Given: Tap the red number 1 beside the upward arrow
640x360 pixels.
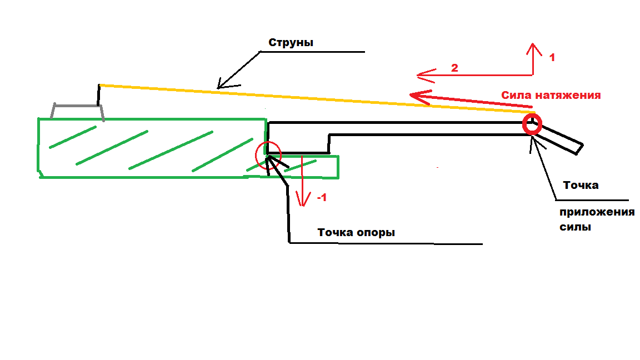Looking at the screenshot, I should (x=552, y=57).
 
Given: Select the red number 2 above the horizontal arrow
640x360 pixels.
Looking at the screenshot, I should (x=454, y=68).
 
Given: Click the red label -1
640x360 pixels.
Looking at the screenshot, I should (x=321, y=198).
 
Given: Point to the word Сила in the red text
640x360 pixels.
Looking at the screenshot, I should (x=516, y=95).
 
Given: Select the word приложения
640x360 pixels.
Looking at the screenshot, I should (x=597, y=213).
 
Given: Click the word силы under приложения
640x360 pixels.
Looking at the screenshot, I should (x=575, y=227).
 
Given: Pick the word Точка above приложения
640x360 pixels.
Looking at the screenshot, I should (x=581, y=185).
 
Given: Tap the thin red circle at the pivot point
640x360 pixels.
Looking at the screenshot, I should (x=268, y=155).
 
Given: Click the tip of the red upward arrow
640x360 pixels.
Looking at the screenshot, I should (x=533, y=44).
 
